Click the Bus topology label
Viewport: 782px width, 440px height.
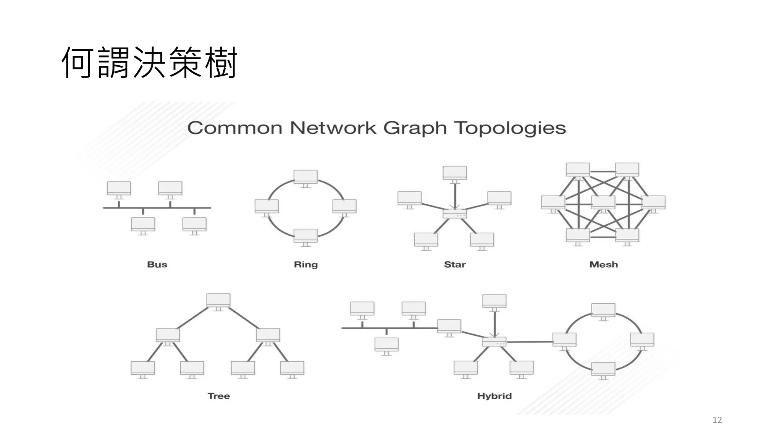(x=157, y=264)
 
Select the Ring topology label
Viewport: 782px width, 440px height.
(x=305, y=265)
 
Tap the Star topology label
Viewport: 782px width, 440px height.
(x=455, y=264)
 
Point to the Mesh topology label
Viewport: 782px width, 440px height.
(x=603, y=264)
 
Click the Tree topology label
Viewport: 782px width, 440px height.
(x=219, y=396)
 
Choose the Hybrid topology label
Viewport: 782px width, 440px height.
(x=494, y=396)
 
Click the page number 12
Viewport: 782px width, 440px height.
(x=717, y=420)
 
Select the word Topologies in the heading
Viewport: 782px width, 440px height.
(x=510, y=128)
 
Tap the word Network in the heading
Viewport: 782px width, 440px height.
(x=333, y=128)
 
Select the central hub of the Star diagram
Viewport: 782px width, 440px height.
(x=454, y=214)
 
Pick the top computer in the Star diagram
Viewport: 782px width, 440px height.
(x=454, y=173)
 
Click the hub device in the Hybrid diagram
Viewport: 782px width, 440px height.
(x=494, y=342)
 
